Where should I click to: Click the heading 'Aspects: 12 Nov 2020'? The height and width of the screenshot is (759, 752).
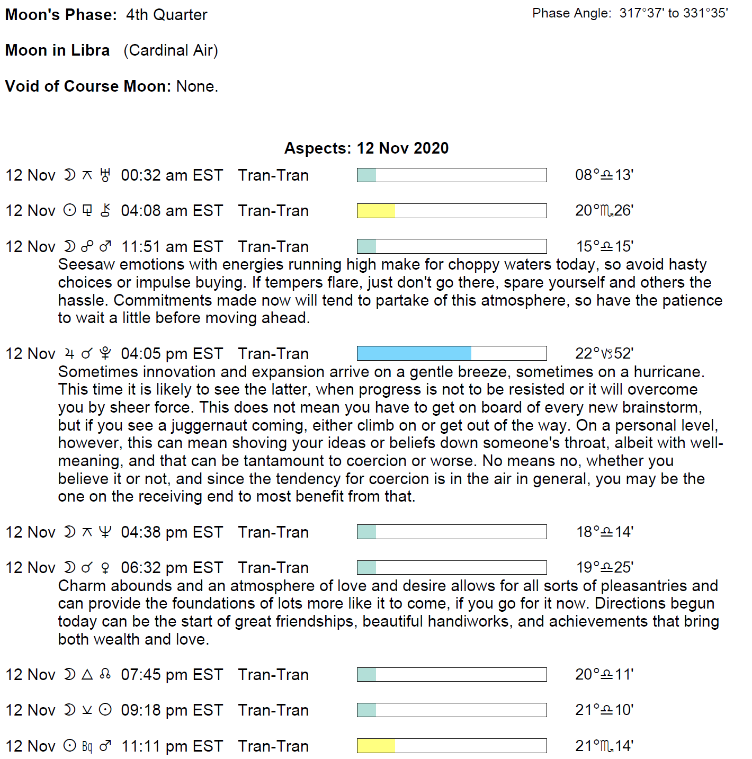366,148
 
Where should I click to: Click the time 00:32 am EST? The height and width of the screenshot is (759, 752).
172,175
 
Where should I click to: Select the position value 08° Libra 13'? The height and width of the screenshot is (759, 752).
604,175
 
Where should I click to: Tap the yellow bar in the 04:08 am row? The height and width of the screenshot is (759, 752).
376,211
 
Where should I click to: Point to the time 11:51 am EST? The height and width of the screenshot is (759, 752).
172,247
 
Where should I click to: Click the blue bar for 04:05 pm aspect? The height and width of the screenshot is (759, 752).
414,353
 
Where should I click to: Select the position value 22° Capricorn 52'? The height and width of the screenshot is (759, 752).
604,353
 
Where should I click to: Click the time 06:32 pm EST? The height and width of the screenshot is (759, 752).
172,568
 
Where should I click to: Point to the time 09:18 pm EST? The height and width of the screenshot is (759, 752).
172,710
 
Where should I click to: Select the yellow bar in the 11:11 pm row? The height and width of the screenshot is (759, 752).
376,746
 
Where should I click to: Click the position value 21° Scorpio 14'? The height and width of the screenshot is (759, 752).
604,746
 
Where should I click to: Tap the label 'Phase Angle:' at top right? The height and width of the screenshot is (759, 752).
571,13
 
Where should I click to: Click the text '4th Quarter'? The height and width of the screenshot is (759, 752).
166,15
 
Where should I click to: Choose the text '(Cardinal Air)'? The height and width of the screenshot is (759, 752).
171,50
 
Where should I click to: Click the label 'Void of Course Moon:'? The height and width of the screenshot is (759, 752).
88,86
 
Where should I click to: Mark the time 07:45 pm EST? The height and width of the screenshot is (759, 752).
172,675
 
